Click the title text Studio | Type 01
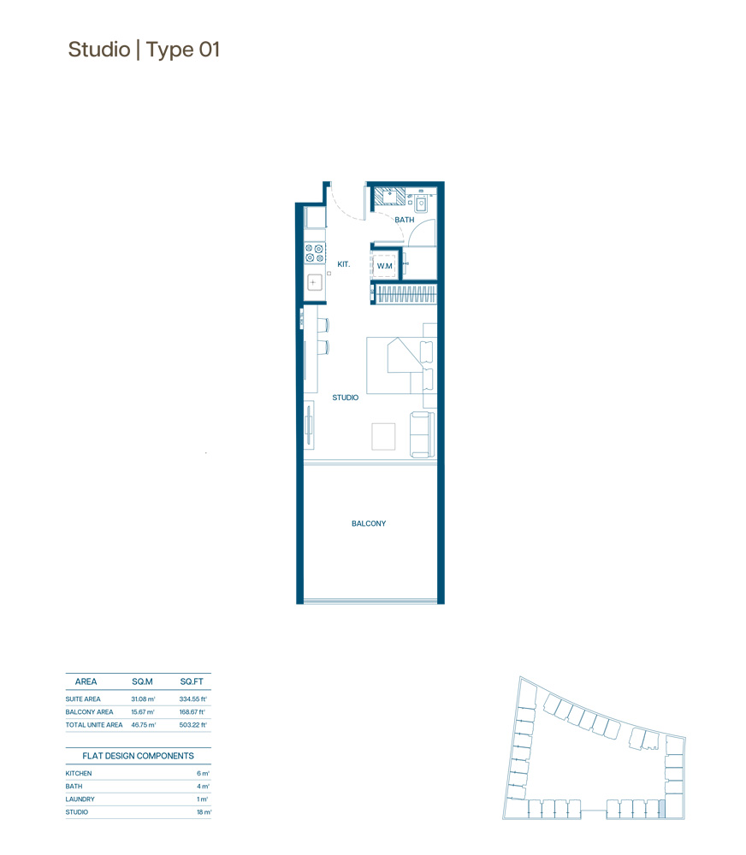point(144,50)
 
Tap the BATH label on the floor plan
point(404,220)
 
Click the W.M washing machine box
point(385,266)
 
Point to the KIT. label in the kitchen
point(344,265)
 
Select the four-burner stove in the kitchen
point(314,253)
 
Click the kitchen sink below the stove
point(314,282)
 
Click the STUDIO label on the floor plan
point(345,398)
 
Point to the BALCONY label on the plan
point(369,523)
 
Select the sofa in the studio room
point(422,433)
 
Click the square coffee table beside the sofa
point(383,436)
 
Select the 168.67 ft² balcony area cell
point(190,712)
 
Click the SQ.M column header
point(142,681)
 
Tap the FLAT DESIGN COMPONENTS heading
point(138,756)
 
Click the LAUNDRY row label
point(80,799)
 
